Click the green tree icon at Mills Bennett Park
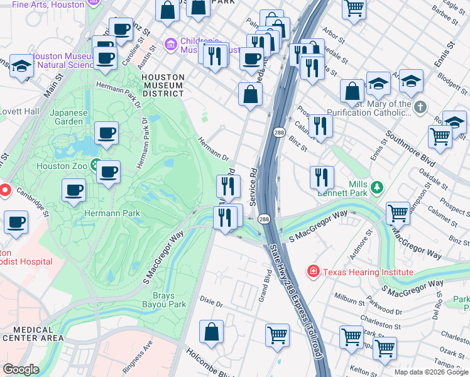pos(376,187)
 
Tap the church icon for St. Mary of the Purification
pos(420,108)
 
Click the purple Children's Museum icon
pos(170,45)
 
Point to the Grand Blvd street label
pos(265,286)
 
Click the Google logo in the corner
pos(21,369)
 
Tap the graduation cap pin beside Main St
pos(22,66)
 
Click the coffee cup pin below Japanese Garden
pos(106,133)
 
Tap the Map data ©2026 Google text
pos(431,372)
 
